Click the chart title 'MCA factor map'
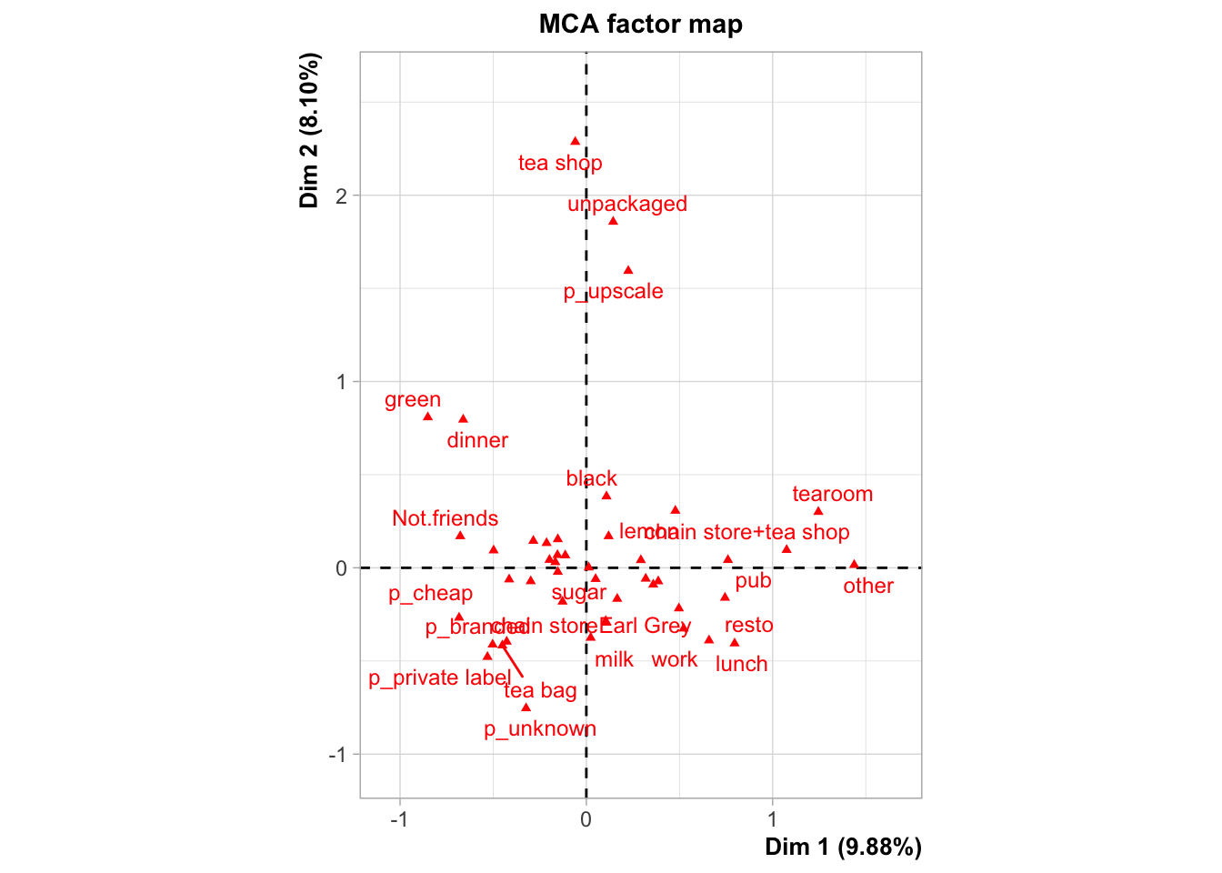pos(640,24)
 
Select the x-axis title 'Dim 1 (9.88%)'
pos(843,848)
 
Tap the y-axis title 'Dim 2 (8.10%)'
pos(310,131)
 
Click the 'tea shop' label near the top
pos(560,163)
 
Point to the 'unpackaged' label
pos(627,204)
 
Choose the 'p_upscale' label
pos(613,292)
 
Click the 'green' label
pos(413,400)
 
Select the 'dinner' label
pos(477,441)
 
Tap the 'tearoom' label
pos(832,495)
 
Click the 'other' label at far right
pos(868,587)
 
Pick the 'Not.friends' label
pos(445,518)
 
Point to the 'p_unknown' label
pos(540,729)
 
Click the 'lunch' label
pos(741,665)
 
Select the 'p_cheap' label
pos(430,594)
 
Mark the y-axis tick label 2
pos(342,196)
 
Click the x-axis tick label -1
pos(399,819)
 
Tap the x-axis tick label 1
pos(773,819)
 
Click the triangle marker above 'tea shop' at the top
pos(575,141)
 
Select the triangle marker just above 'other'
pos(854,565)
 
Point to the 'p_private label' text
pos(439,678)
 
